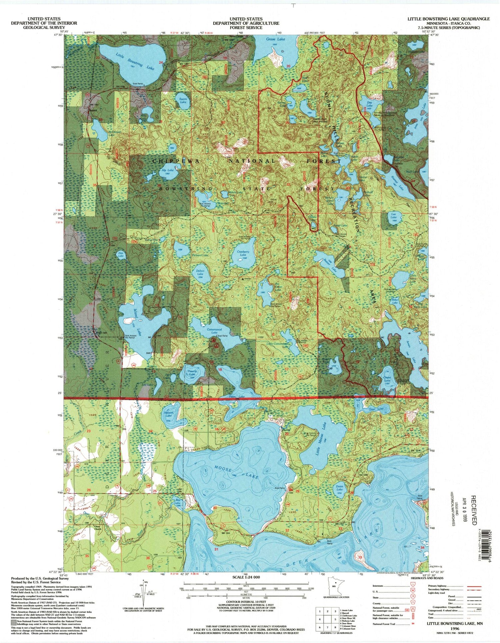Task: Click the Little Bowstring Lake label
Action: (135, 61)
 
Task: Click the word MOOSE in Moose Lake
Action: (223, 469)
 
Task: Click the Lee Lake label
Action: (394, 216)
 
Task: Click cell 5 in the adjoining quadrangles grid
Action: (334, 619)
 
